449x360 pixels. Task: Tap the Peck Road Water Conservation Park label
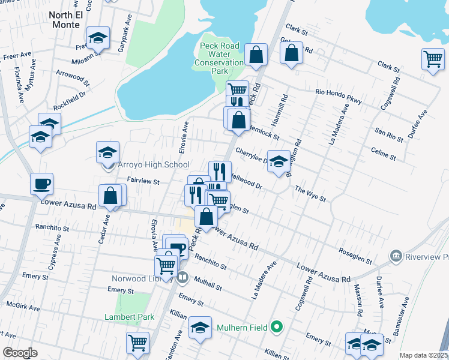pyautogui.click(x=220, y=58)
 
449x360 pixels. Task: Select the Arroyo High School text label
pyautogui.click(x=154, y=164)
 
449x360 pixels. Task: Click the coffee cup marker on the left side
pyautogui.click(x=42, y=184)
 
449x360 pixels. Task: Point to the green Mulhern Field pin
pyautogui.click(x=276, y=327)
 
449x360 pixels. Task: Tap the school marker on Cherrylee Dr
pyautogui.click(x=278, y=161)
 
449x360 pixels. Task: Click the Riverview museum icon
pyautogui.click(x=396, y=257)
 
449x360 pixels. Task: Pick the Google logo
pyautogui.click(x=20, y=353)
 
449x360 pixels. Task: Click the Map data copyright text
pyautogui.click(x=423, y=355)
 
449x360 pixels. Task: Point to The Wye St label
pyautogui.click(x=310, y=193)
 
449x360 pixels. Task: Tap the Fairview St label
pyautogui.click(x=142, y=181)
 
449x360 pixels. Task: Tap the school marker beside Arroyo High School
pyautogui.click(x=107, y=152)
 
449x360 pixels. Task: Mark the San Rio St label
pyautogui.click(x=388, y=134)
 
